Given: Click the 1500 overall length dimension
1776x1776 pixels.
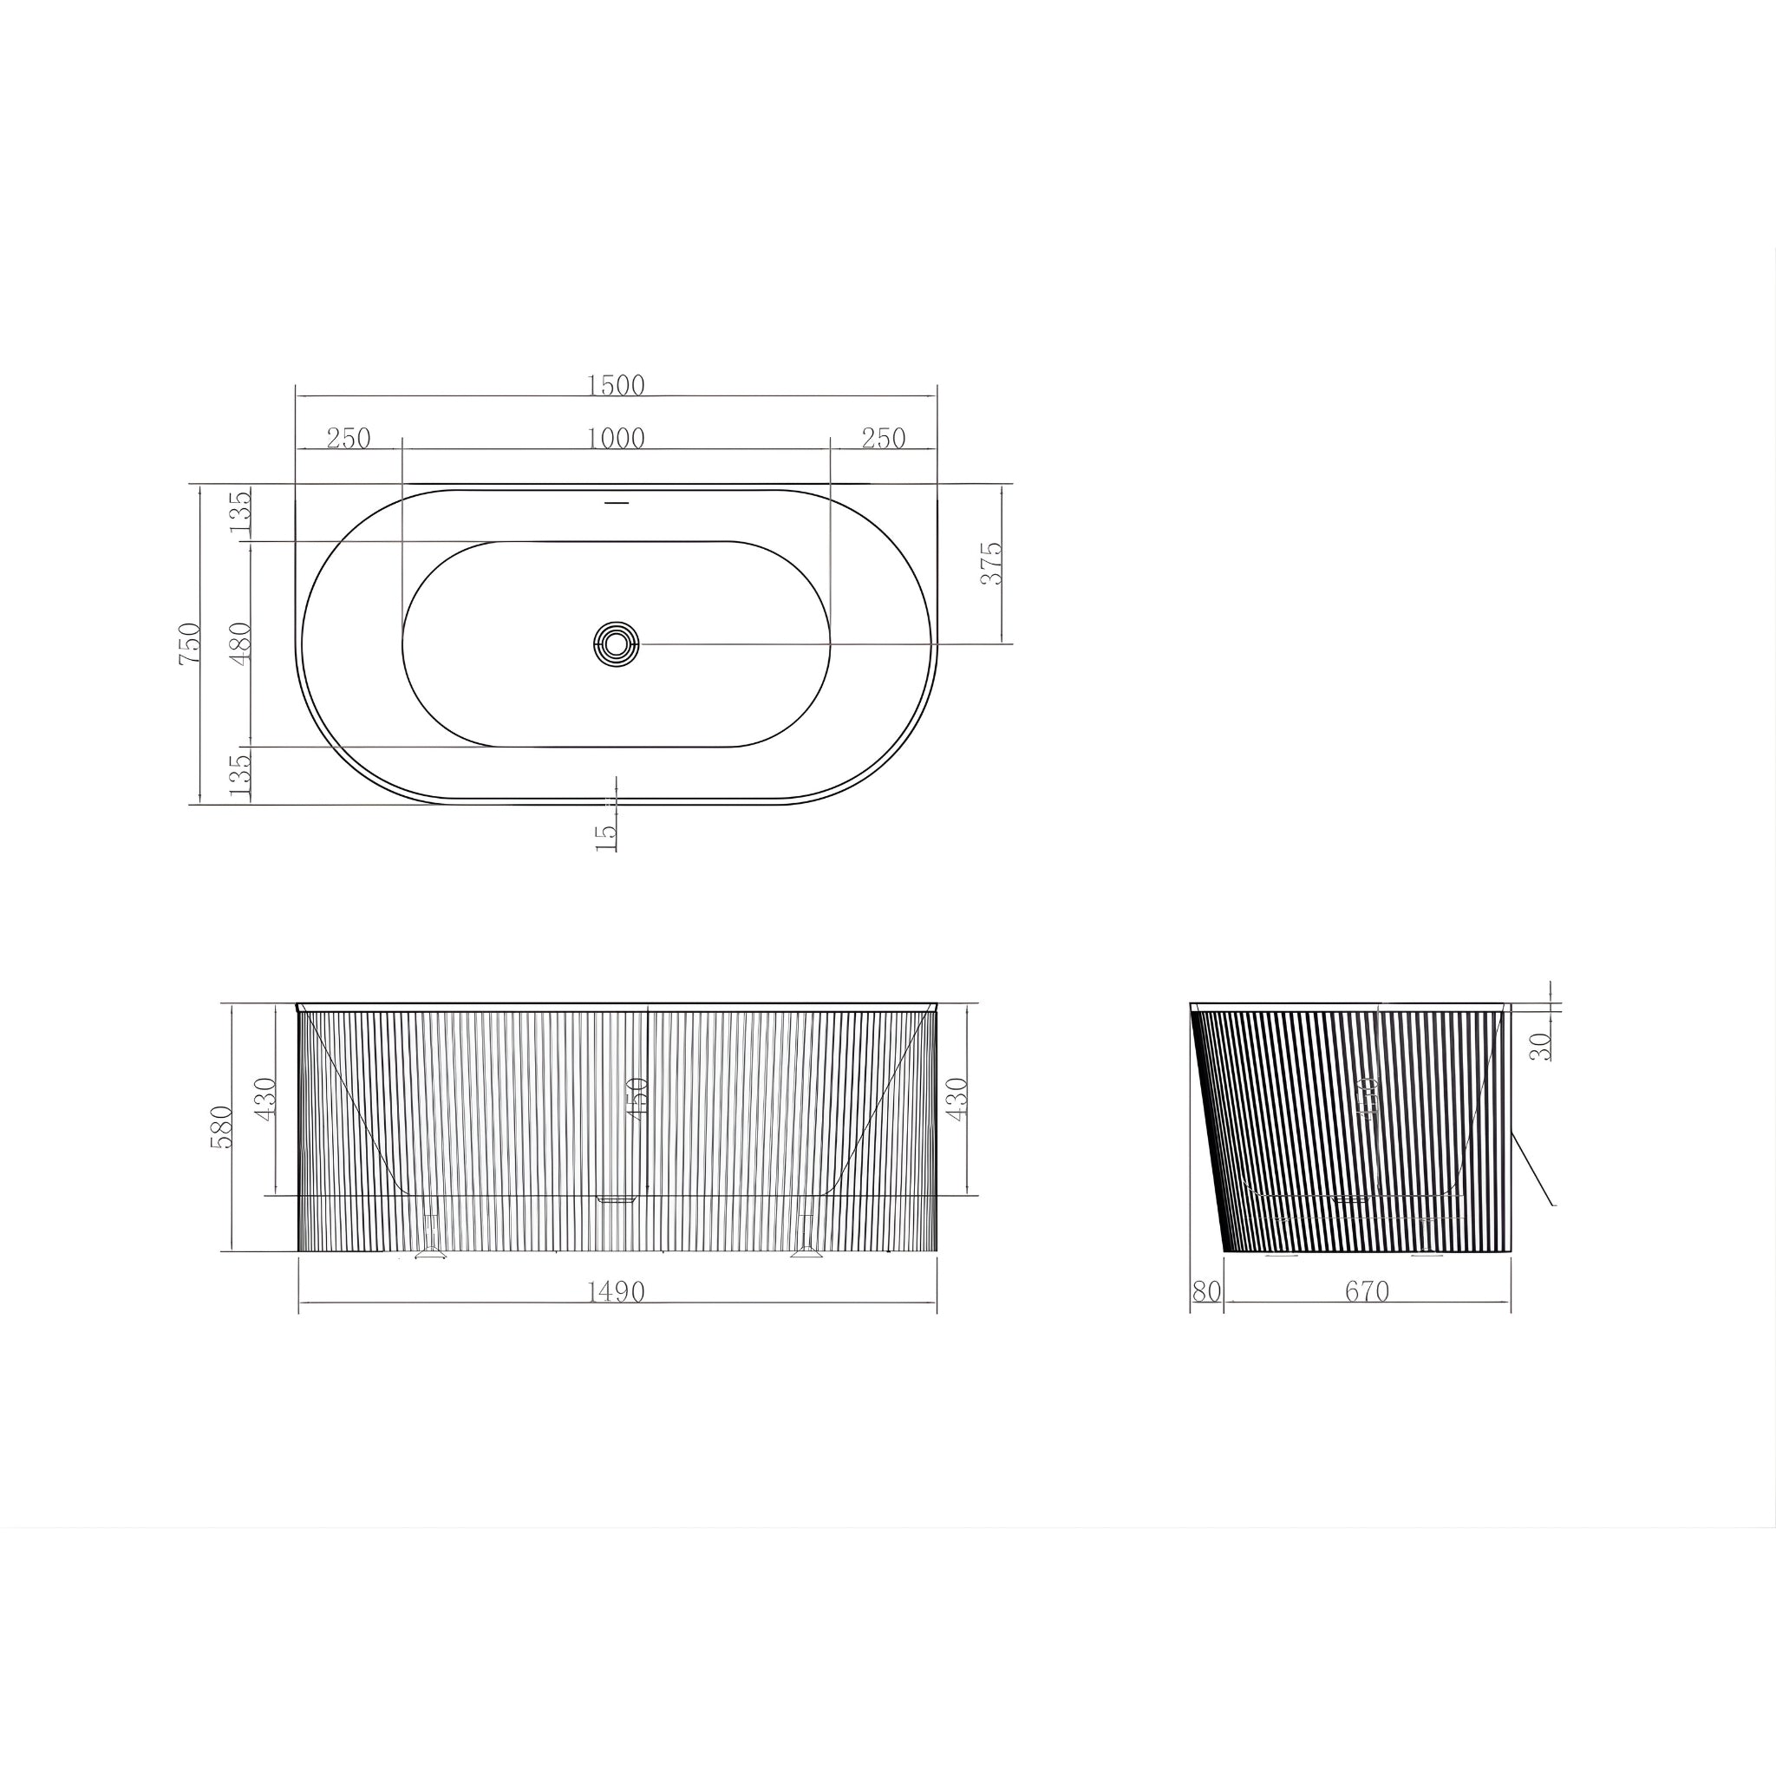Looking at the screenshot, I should [x=616, y=385].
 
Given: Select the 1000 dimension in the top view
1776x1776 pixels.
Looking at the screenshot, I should [x=616, y=439].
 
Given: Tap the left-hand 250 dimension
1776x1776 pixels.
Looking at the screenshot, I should [x=349, y=439].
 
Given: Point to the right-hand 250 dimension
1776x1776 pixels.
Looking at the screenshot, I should [x=884, y=439].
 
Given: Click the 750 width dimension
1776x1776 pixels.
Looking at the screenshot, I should [x=190, y=643].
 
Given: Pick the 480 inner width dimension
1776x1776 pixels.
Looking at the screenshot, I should [x=241, y=643].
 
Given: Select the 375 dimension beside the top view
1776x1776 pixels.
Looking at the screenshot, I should [x=992, y=564].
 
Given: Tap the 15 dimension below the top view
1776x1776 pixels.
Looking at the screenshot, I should [x=606, y=836].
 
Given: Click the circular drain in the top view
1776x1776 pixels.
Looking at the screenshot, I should [x=616, y=643].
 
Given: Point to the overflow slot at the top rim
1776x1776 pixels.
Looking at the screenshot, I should [x=616, y=504].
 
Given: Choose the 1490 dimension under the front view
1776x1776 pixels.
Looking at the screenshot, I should [x=616, y=1291].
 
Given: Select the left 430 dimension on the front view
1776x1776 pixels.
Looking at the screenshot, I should [x=266, y=1099].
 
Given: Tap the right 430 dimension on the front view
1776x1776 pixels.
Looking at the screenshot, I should [x=957, y=1099].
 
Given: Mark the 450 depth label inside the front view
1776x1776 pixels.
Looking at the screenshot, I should [x=638, y=1099].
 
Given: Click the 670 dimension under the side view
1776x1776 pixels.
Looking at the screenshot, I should [x=1367, y=1291].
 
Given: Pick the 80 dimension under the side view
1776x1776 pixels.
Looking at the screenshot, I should [x=1206, y=1291].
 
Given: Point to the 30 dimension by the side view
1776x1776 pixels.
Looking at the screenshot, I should [x=1541, y=1046].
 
